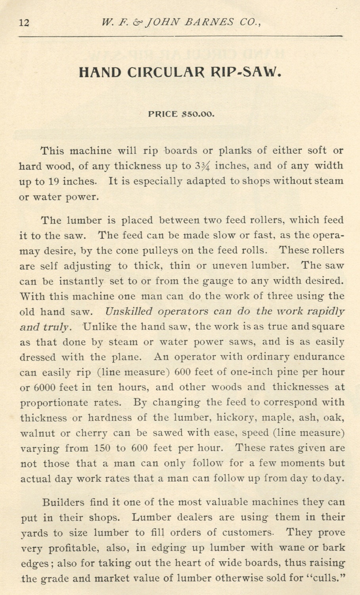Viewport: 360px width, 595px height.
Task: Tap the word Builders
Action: [63, 503]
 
